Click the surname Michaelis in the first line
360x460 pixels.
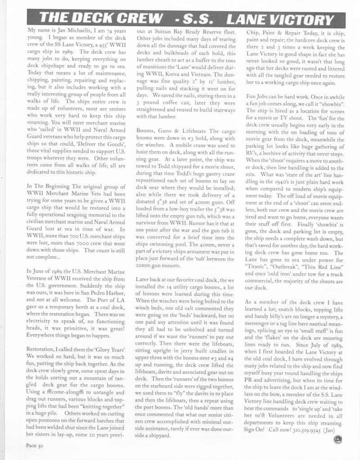pos(76,30)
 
